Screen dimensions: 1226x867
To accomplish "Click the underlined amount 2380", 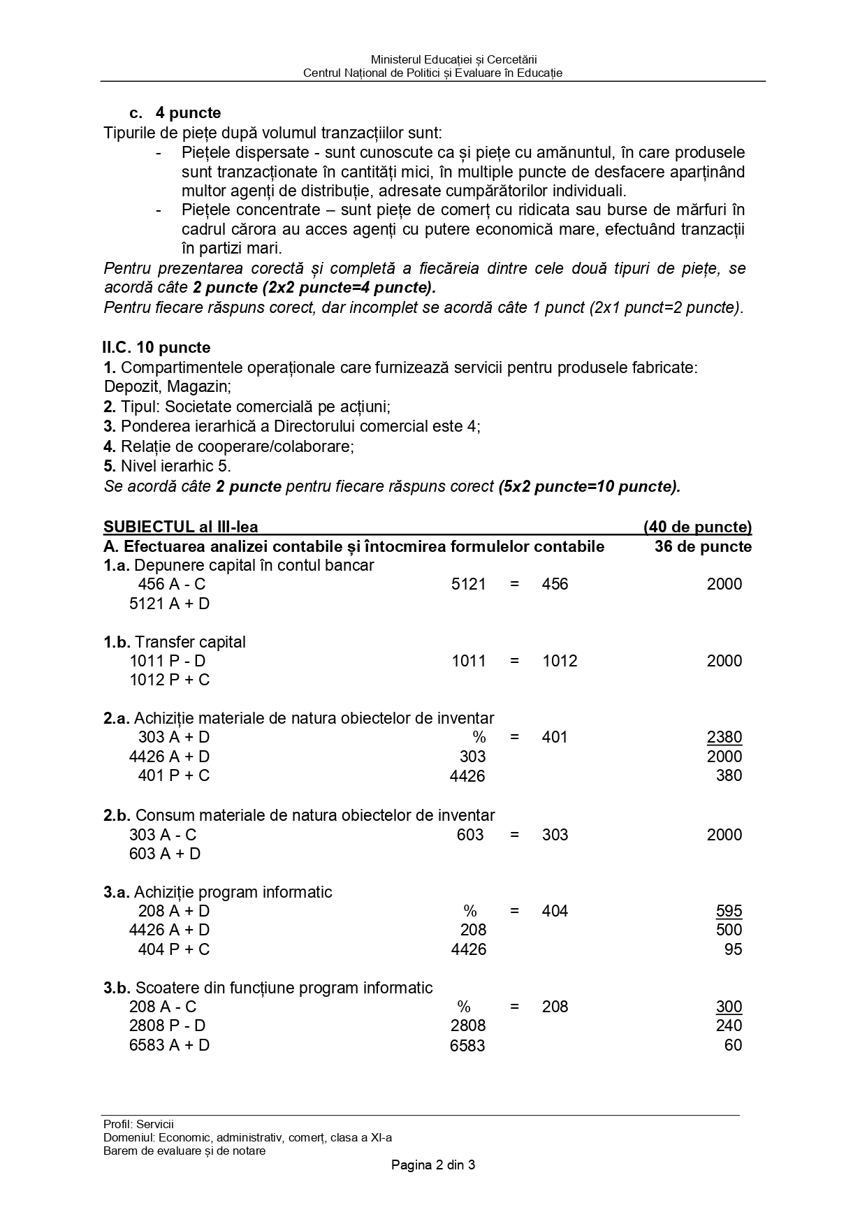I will pos(724,737).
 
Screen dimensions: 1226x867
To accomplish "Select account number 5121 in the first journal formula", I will pos(468,584).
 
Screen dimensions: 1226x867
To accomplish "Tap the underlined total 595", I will pos(729,911).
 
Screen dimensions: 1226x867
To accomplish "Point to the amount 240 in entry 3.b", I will pos(729,1026).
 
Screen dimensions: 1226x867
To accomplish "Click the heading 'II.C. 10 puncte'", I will pos(156,347).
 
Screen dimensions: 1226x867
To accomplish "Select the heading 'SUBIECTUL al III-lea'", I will pos(181,527).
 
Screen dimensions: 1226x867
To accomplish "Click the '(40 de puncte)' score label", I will pos(697,527).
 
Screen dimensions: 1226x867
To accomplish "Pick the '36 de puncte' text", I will pos(703,546).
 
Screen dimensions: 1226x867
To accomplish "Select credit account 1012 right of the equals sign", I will pos(560,661).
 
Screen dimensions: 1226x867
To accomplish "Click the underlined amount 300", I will pos(729,1007).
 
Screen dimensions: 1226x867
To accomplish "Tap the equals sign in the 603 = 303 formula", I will pos(515,835).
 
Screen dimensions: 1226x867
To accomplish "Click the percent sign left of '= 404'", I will pos(469,911).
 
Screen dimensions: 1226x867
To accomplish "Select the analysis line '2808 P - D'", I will pos(168,1026).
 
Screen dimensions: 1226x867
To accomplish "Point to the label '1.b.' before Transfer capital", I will pos(117,642).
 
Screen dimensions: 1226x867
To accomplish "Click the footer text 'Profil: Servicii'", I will pos(138,1124).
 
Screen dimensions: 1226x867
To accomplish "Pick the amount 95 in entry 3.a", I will pos(733,949).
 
